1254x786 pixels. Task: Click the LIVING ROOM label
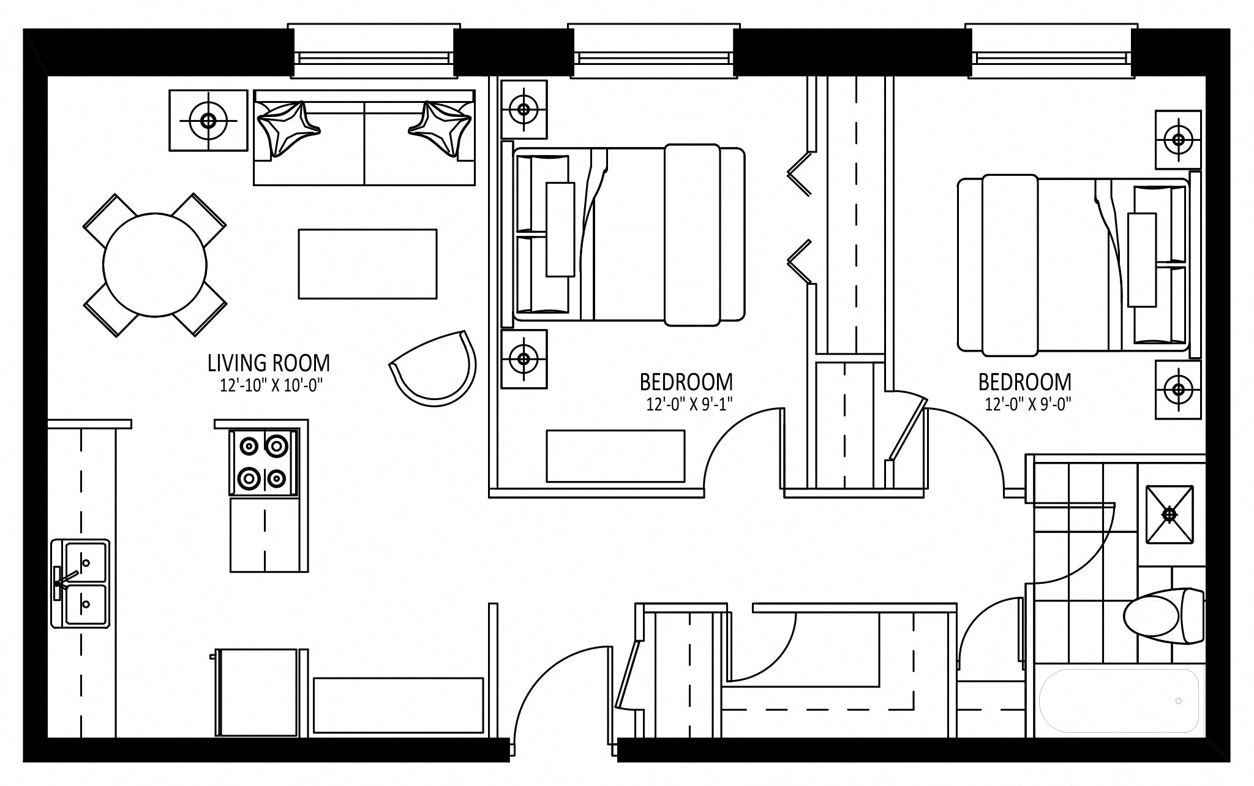point(269,363)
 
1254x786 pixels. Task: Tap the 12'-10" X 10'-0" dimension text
point(271,385)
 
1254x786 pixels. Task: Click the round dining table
point(154,265)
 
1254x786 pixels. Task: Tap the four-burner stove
point(264,462)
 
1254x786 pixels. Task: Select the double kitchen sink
point(80,583)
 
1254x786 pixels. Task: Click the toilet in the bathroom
point(1164,624)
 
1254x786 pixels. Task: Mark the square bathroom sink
point(1170,514)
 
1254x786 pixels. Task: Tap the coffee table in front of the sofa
point(367,263)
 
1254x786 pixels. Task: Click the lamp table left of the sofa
point(208,121)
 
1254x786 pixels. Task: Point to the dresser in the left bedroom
point(615,456)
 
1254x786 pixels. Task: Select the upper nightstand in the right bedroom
point(1178,140)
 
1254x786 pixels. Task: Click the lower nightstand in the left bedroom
point(524,359)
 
